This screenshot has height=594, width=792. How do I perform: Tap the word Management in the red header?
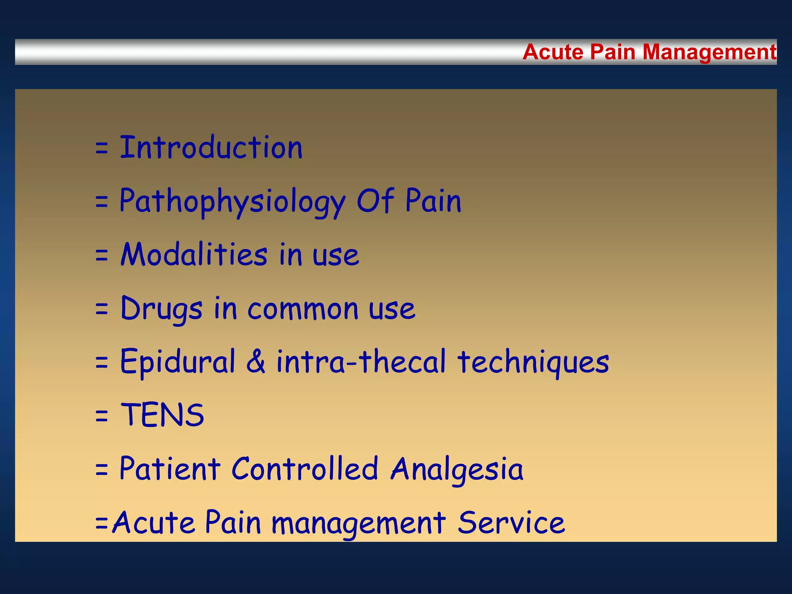pyautogui.click(x=709, y=53)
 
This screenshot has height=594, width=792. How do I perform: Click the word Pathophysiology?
pyautogui.click(x=232, y=201)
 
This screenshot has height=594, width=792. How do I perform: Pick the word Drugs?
pyautogui.click(x=161, y=309)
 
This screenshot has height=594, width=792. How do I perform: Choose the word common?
pyautogui.click(x=303, y=309)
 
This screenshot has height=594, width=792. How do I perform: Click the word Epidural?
pyautogui.click(x=178, y=362)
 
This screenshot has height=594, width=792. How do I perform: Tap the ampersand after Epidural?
pyautogui.click(x=256, y=362)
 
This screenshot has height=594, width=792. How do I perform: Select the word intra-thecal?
pyautogui.click(x=361, y=362)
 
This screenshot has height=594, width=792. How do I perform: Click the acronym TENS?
pyautogui.click(x=162, y=415)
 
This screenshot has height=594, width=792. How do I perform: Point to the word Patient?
pyautogui.click(x=170, y=468)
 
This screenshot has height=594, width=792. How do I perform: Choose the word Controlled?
pyautogui.click(x=305, y=468)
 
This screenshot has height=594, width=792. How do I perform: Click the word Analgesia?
pyautogui.click(x=457, y=469)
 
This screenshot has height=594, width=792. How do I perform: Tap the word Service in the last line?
pyautogui.click(x=511, y=522)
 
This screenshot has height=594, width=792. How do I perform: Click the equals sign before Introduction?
pyautogui.click(x=101, y=148)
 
